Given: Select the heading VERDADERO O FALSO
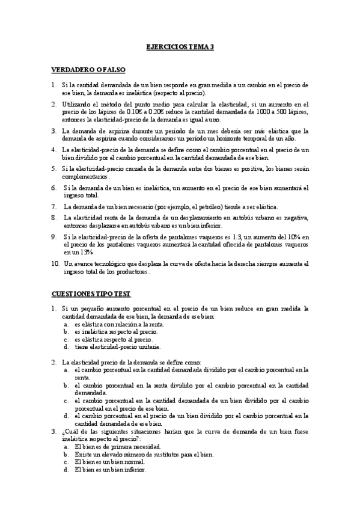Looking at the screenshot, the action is point(88,70).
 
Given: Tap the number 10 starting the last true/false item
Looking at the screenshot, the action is point(54,264).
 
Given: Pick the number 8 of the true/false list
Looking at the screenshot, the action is point(54,217).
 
